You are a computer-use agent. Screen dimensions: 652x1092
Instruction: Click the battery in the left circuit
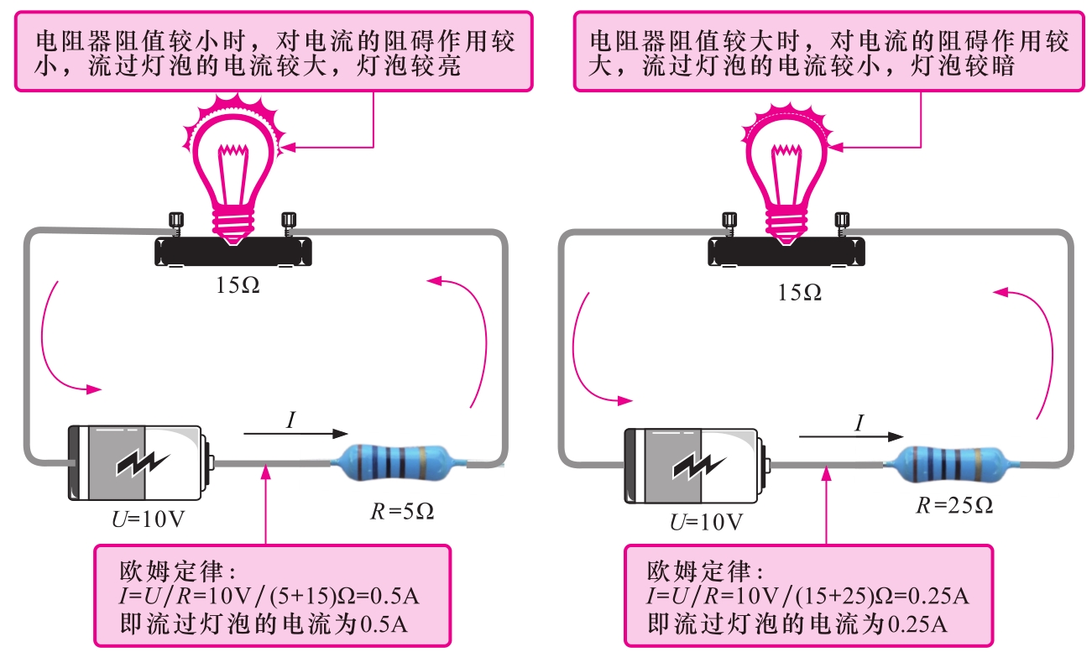139,462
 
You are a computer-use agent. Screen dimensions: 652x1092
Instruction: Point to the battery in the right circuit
697,466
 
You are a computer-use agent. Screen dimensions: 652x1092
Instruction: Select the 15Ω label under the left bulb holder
238,285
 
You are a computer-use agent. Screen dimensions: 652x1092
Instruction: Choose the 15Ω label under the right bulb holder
799,292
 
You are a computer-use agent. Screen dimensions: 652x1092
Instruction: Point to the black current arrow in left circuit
295,434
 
